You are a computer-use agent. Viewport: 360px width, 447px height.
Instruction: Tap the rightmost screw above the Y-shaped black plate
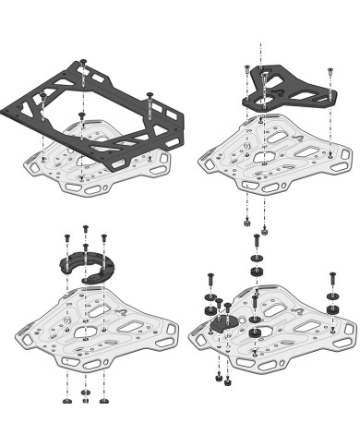(x=330, y=73)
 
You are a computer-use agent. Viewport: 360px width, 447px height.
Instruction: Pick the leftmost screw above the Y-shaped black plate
(x=247, y=73)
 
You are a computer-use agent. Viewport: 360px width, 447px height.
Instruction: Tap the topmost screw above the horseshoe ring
(x=86, y=228)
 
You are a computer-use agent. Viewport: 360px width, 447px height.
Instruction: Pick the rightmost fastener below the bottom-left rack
(x=103, y=399)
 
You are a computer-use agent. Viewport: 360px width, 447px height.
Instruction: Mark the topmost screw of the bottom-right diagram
(x=256, y=243)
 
